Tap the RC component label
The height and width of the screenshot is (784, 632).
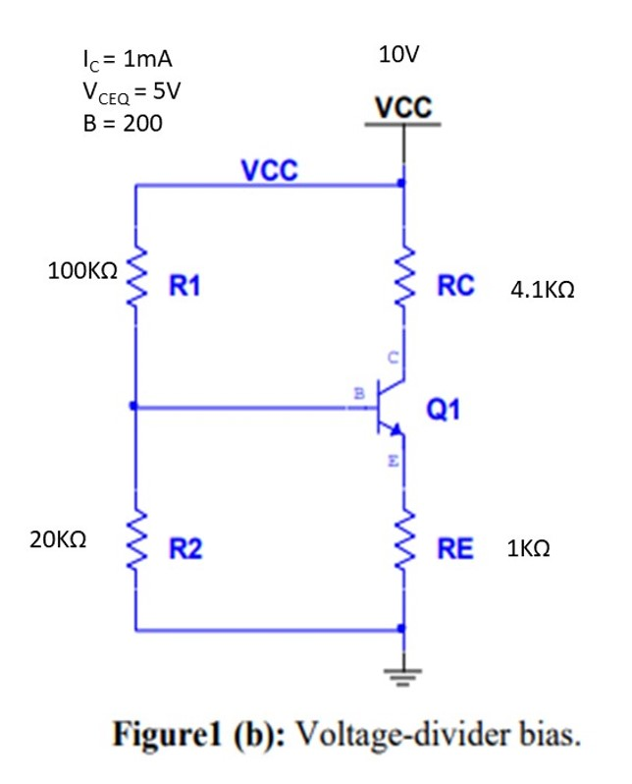click(456, 286)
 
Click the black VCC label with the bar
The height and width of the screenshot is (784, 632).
click(401, 107)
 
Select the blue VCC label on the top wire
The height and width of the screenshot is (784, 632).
click(269, 170)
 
